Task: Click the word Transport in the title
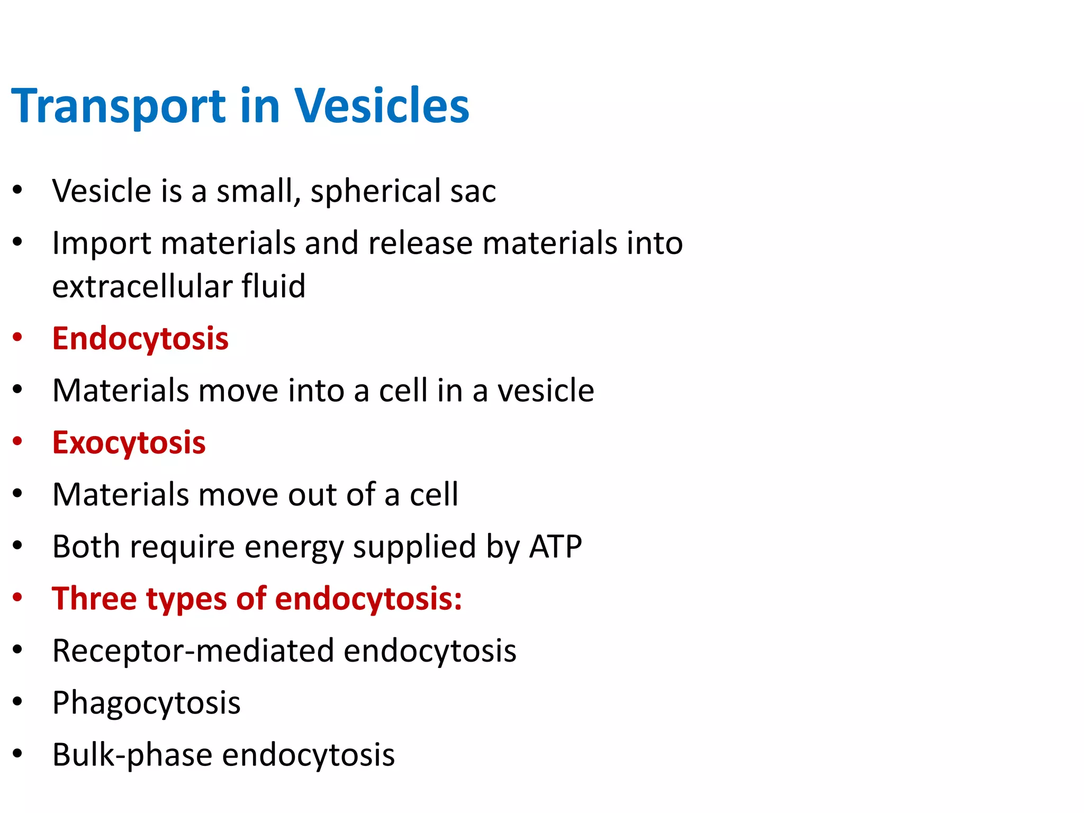(119, 106)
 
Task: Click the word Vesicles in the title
(382, 106)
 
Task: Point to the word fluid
(274, 286)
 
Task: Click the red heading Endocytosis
(140, 339)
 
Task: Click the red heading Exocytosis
(129, 443)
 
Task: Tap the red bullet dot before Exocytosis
(17, 441)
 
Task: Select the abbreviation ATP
(555, 547)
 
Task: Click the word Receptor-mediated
(193, 651)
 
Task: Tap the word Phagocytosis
(146, 703)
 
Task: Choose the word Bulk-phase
(132, 755)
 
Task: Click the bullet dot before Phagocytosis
(17, 701)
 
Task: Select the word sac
(473, 192)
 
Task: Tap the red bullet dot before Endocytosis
(17, 337)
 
